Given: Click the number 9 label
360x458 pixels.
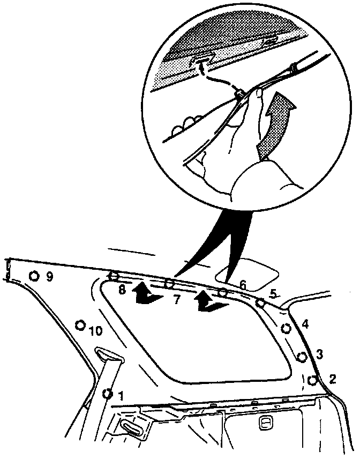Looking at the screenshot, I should pos(49,277).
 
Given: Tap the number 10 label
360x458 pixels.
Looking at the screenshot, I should pos(95,331).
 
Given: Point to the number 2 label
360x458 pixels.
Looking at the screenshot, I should pos(332,380).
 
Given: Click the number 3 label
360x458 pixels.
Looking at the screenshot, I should pos(319,354).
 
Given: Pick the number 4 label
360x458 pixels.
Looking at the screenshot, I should pos(305,324).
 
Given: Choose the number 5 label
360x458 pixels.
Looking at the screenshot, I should pos(273,293).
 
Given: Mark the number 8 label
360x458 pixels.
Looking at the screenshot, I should pos(122,290).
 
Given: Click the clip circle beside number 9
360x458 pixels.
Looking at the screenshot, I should pos(34,276).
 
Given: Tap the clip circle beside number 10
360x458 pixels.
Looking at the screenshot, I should pos(80,325).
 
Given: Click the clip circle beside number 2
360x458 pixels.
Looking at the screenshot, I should pos(312,380).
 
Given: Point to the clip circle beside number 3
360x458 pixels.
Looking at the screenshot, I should pos(302,356).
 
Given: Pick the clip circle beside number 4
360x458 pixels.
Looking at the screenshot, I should pos(286,328).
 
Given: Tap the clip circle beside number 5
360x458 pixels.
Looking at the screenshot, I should pos(260,303).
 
